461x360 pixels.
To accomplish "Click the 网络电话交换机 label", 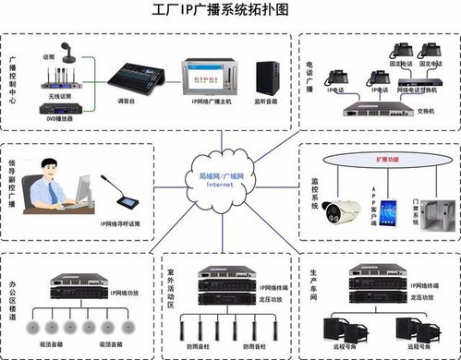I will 418,92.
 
